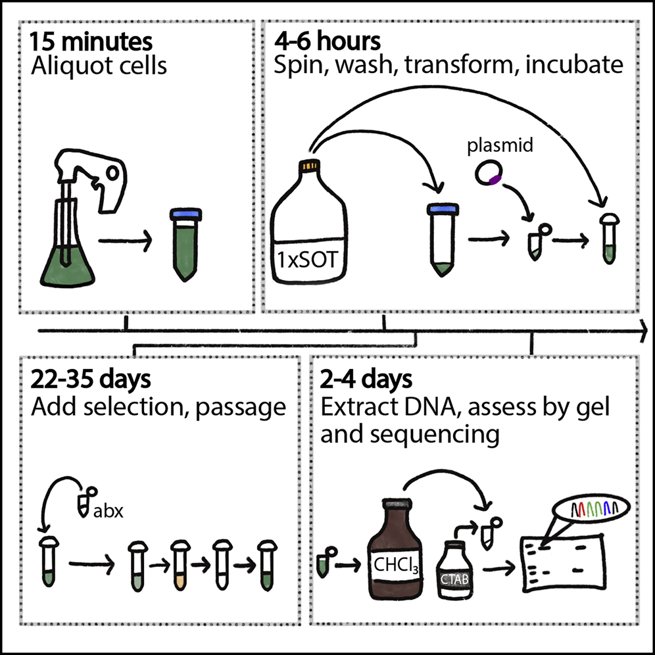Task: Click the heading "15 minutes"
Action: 91,42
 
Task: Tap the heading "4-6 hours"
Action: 327,42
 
